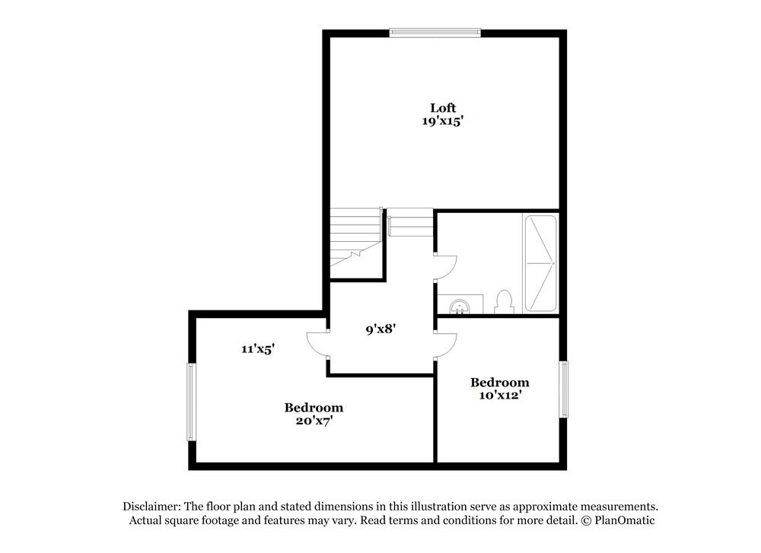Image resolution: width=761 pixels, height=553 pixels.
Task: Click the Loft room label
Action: (x=443, y=107)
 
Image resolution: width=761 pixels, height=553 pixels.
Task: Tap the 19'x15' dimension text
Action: (x=443, y=121)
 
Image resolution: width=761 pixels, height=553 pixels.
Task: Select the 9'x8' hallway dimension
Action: (x=380, y=329)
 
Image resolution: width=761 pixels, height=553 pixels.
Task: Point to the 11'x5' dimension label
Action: (x=257, y=349)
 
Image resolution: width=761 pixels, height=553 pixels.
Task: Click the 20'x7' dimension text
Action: (x=314, y=421)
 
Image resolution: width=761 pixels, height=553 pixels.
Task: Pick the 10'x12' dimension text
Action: (x=499, y=396)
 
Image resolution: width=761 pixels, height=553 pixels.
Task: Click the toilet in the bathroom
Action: (x=503, y=302)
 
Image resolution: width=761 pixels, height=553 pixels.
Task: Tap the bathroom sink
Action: (x=459, y=306)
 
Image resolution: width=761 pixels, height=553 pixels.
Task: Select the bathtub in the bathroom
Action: (x=540, y=263)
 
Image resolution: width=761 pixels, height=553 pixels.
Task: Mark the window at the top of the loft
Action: (x=435, y=32)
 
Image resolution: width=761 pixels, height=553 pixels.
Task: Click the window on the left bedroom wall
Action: (x=192, y=402)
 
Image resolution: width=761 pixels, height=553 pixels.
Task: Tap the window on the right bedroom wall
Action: (x=565, y=389)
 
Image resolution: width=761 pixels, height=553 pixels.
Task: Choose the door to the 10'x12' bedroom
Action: (x=447, y=345)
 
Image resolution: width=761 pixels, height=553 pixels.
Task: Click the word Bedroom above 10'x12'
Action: (x=499, y=382)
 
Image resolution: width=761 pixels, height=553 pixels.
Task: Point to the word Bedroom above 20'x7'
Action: (x=314, y=407)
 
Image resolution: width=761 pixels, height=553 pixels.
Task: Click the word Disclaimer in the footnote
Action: (x=150, y=506)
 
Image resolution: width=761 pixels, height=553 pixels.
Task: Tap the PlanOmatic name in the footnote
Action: (x=623, y=520)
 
